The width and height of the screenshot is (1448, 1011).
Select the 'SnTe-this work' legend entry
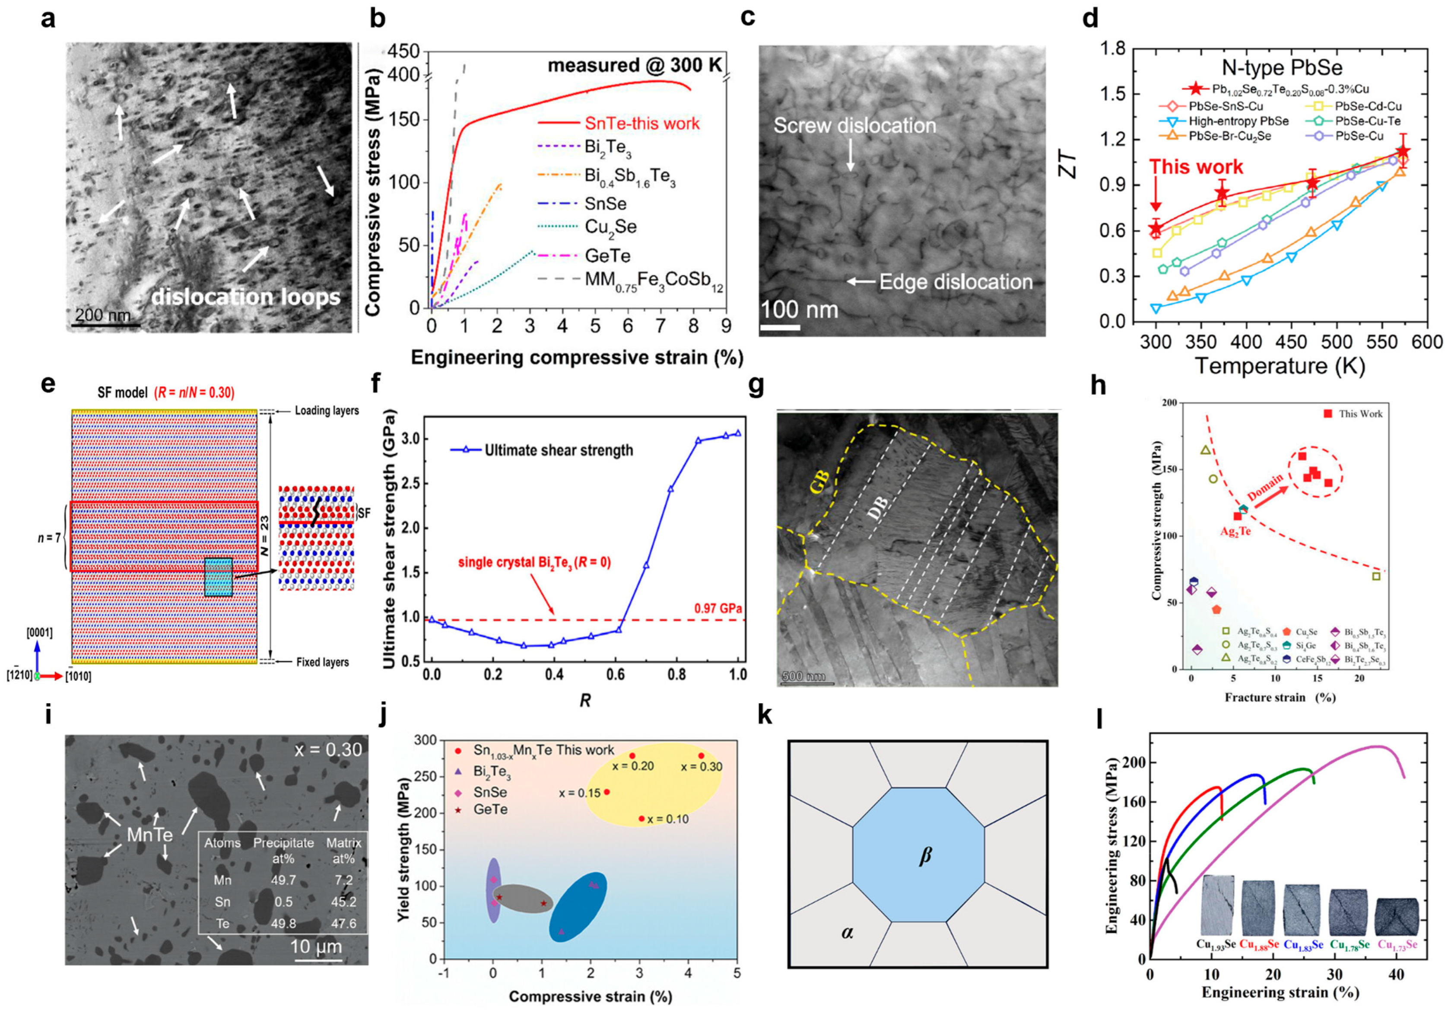pos(641,123)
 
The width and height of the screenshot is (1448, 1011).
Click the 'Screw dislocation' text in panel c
pos(854,126)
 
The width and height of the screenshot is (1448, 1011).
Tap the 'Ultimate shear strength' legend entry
pos(558,450)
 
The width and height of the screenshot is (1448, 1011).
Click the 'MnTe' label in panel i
pos(149,835)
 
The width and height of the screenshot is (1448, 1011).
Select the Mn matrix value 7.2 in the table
pos(344,880)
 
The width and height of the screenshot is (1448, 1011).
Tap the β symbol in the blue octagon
pos(925,856)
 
